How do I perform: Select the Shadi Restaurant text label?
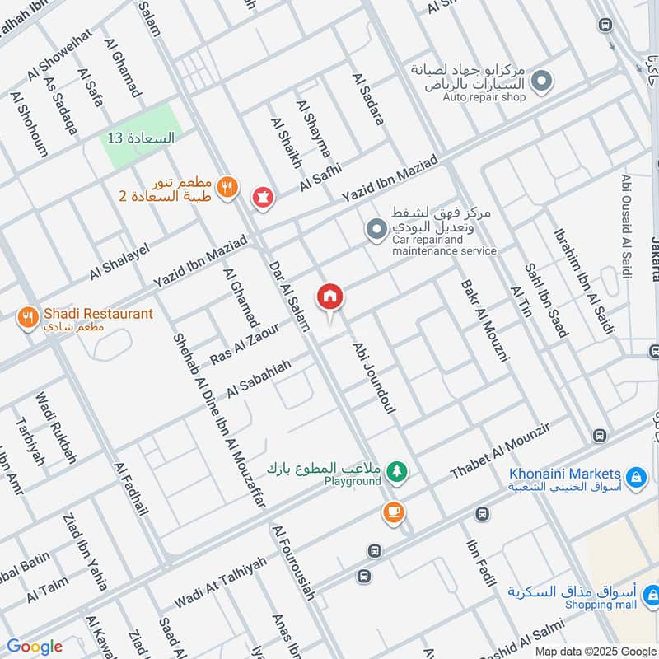click(x=98, y=314)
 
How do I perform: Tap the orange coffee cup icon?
click(x=393, y=512)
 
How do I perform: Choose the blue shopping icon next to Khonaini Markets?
click(x=635, y=476)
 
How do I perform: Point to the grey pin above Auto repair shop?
click(x=541, y=81)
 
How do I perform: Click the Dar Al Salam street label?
click(x=288, y=297)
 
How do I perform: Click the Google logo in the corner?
click(x=34, y=647)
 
